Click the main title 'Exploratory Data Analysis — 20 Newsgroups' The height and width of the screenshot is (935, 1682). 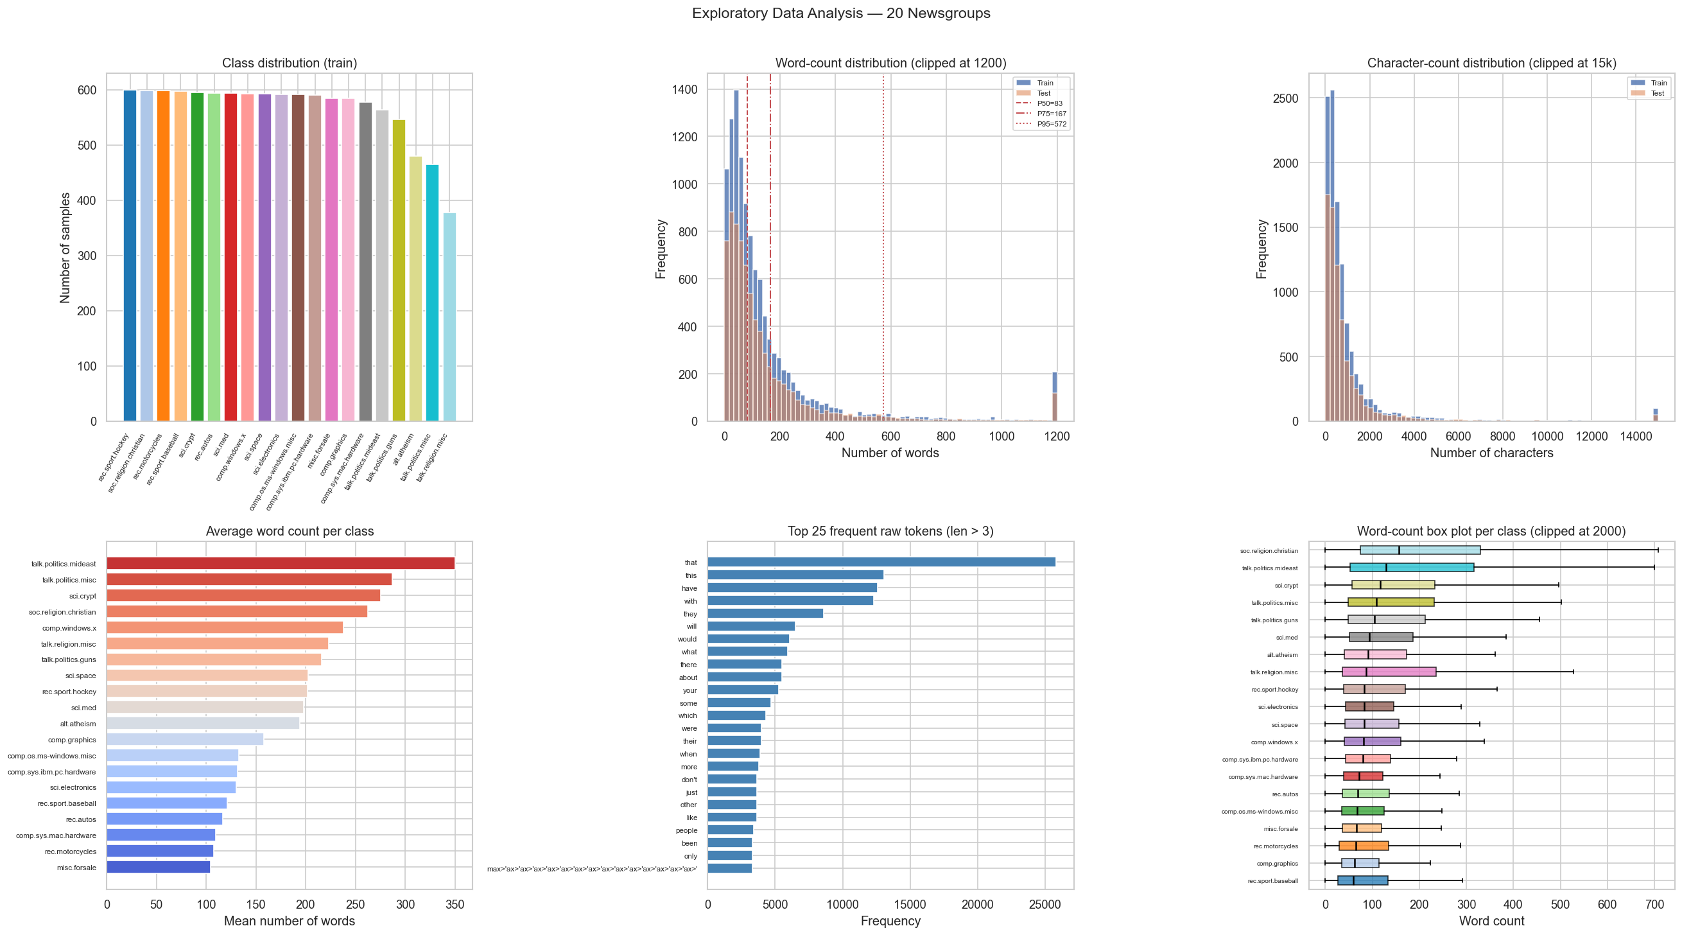(x=840, y=13)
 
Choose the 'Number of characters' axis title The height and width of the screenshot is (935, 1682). (x=1491, y=453)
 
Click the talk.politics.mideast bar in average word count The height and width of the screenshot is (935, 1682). (x=280, y=563)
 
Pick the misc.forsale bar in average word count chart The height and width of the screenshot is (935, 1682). (x=158, y=868)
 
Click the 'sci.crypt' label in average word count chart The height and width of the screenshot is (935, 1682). (x=82, y=596)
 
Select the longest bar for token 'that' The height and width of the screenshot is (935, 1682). (x=881, y=562)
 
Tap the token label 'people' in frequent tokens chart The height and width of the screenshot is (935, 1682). (x=686, y=830)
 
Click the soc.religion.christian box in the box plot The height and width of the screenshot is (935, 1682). (x=1419, y=550)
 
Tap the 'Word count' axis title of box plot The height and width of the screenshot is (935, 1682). (x=1491, y=922)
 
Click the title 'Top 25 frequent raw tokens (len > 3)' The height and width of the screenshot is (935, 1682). (x=890, y=532)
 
